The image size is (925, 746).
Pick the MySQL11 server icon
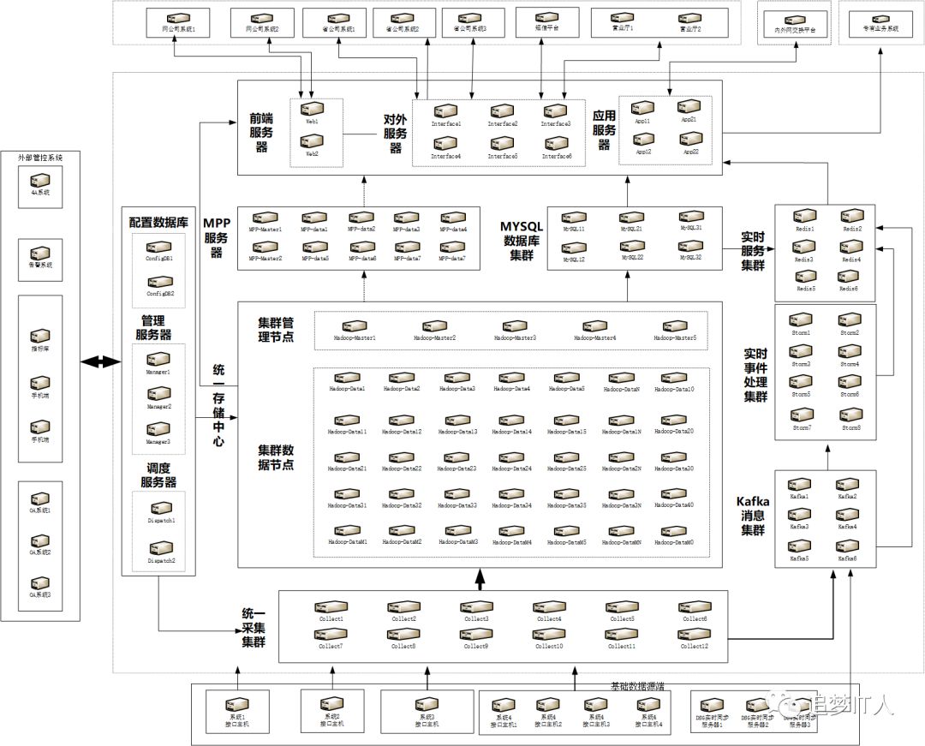[574, 219]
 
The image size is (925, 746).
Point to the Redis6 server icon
[849, 278]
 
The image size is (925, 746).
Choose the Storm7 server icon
[802, 415]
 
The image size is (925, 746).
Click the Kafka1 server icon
[799, 485]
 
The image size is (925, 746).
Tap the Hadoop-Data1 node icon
[347, 378]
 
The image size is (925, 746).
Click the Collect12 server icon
[695, 635]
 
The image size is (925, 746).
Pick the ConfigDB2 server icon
[159, 282]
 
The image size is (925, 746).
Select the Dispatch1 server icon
[160, 509]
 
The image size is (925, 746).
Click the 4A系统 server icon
[40, 182]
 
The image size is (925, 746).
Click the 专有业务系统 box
[880, 22]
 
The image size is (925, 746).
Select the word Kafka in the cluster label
[753, 501]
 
